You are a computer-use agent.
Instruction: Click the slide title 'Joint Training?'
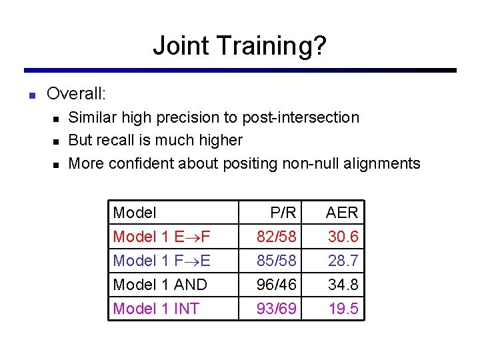pos(239,45)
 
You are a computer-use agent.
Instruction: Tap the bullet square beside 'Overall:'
pos(31,95)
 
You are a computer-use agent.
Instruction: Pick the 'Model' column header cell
pos(135,213)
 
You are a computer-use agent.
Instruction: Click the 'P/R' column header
pos(283,213)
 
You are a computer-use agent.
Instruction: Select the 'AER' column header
pos(341,213)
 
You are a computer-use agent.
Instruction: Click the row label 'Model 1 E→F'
pos(162,237)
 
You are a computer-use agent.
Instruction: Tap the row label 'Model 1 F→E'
pos(162,261)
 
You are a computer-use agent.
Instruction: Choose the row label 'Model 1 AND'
pos(160,285)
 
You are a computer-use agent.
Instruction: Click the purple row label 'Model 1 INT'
pos(156,309)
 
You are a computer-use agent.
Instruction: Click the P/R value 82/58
pos(277,237)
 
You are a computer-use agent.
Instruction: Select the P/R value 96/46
pos(277,285)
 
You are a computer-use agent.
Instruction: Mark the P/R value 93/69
pos(277,309)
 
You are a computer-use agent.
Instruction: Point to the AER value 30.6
pos(343,237)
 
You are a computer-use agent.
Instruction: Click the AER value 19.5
pos(343,309)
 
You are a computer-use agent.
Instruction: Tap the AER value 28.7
pos(343,261)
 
